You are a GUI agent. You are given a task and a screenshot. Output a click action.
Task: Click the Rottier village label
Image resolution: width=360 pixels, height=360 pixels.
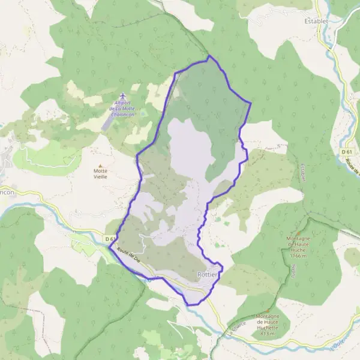point(208,275)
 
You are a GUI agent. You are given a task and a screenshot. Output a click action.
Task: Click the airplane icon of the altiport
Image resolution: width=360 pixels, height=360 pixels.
point(124,96)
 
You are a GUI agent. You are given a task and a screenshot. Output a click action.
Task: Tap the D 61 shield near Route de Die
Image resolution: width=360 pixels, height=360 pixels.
point(110,239)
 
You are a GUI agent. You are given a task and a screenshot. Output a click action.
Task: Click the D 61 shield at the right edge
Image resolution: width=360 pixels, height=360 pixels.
point(347,152)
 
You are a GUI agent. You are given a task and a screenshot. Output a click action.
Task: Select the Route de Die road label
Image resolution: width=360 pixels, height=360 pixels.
point(128,257)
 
